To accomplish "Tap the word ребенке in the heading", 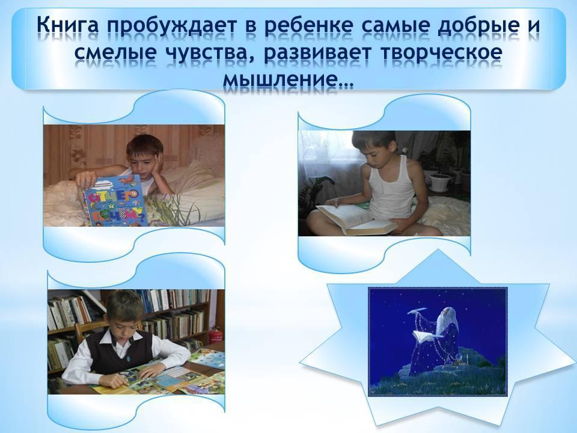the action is [x=316, y=25].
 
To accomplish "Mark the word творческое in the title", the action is [x=441, y=52].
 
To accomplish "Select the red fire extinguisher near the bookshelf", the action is [x=216, y=335].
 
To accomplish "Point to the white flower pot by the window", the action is [x=441, y=183].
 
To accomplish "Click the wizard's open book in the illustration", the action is [x=427, y=336].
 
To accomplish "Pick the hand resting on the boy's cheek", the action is [x=158, y=168].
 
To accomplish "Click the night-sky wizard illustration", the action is [x=438, y=342].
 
